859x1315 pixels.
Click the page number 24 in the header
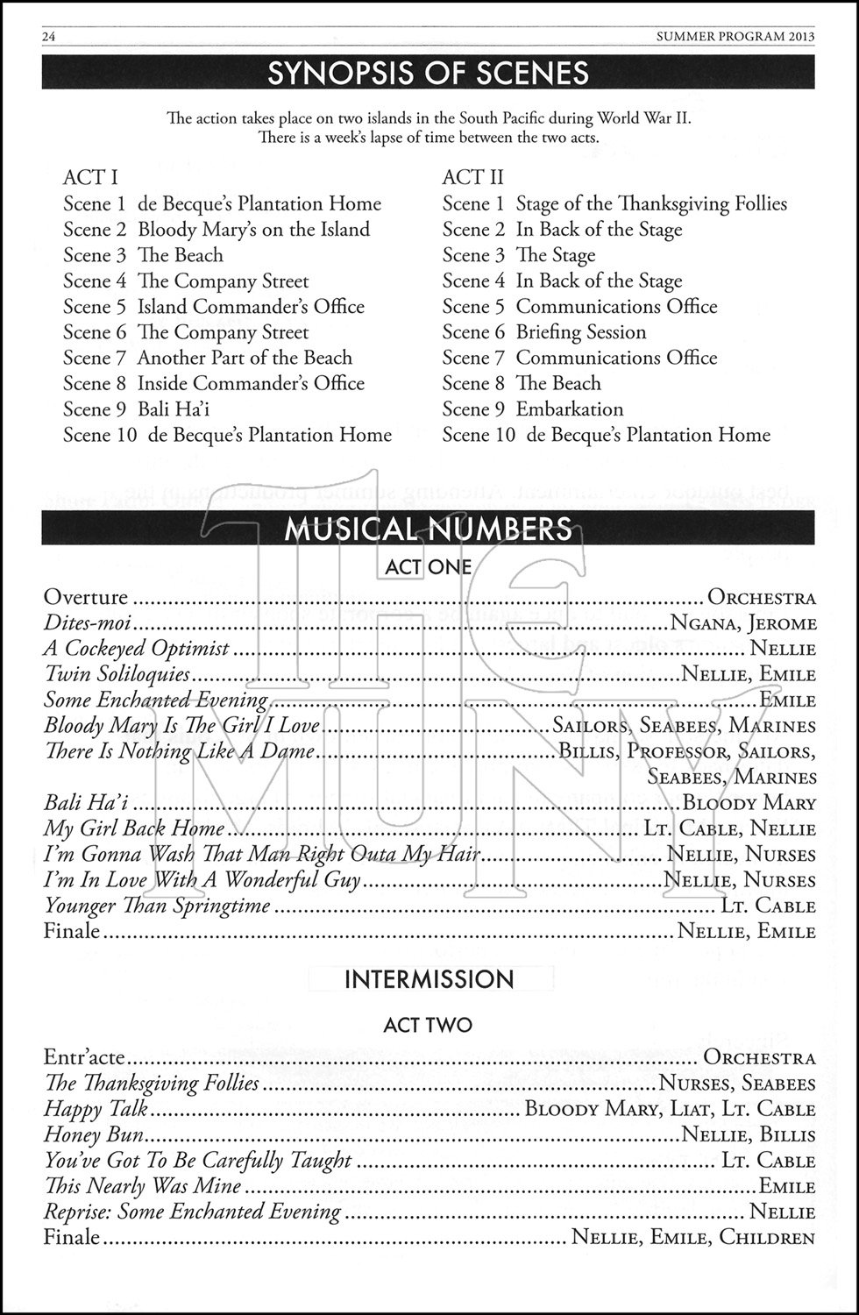(49, 36)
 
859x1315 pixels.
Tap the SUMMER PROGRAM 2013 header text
(735, 36)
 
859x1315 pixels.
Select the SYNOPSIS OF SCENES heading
(428, 73)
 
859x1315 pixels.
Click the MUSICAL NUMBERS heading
(428, 530)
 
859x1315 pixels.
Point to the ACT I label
(90, 177)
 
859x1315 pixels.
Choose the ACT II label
(472, 177)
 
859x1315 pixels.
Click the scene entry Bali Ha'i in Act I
(174, 409)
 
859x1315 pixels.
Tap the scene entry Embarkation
(570, 409)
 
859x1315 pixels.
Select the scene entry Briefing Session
(581, 332)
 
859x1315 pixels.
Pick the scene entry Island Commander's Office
(251, 307)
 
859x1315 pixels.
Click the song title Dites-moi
(88, 623)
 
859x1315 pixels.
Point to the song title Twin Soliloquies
(117, 674)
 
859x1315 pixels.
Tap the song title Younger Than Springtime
(157, 906)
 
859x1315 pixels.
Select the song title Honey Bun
(94, 1134)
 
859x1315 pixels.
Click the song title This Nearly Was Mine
(143, 1186)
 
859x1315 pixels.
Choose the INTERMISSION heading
(429, 979)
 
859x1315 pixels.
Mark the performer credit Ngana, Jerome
(743, 623)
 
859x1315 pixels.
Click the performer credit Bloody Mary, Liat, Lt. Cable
(670, 1109)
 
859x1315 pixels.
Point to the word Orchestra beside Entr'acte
(759, 1058)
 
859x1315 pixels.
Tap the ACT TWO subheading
(428, 1025)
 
